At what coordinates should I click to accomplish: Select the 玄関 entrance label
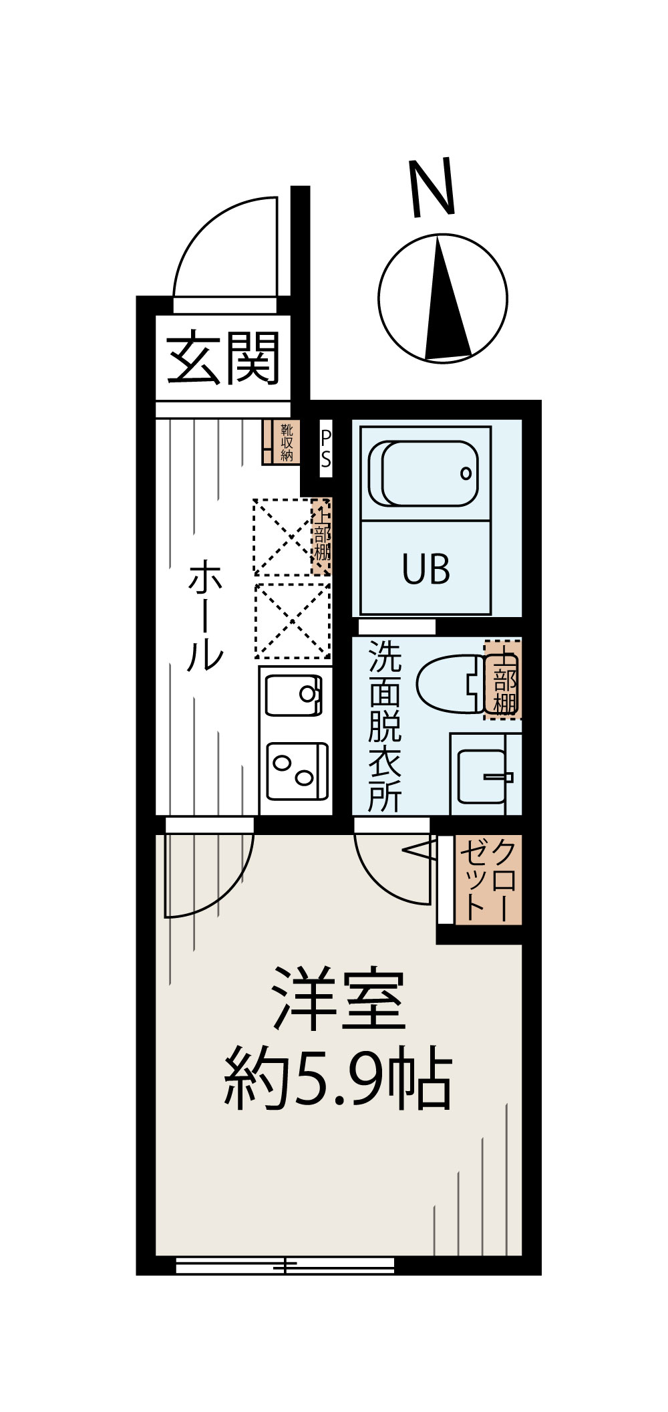tap(222, 359)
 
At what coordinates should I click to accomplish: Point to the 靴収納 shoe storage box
tap(281, 441)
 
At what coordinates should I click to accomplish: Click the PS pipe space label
tap(326, 449)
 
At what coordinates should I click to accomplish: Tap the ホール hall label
tap(204, 616)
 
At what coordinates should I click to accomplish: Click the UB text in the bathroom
tap(426, 570)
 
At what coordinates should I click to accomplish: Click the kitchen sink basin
tap(294, 695)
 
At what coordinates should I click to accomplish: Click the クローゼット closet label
tap(488, 879)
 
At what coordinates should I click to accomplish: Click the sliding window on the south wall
tap(285, 1266)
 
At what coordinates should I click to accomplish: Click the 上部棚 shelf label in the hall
tap(322, 536)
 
